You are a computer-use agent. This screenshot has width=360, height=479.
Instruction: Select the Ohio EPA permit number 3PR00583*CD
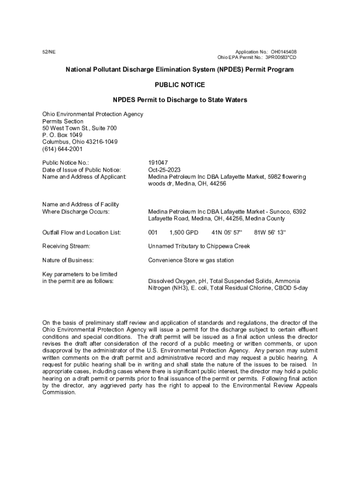(281, 58)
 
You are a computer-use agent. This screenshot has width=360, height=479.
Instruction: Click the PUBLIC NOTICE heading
(180, 85)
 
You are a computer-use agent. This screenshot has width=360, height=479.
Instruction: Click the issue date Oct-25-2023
(164, 170)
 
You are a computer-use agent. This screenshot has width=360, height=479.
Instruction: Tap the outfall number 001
(153, 232)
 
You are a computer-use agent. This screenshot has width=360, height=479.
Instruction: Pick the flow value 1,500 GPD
(184, 232)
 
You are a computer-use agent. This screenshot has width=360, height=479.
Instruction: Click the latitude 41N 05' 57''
(227, 232)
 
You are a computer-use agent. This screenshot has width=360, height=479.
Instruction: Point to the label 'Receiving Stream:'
(66, 246)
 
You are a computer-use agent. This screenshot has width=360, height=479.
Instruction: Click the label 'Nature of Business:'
(68, 260)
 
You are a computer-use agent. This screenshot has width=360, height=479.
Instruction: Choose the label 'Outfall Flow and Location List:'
(82, 232)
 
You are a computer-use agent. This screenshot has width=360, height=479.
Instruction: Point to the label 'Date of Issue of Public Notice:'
(81, 170)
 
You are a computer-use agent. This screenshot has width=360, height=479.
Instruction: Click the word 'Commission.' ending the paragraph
(59, 392)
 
